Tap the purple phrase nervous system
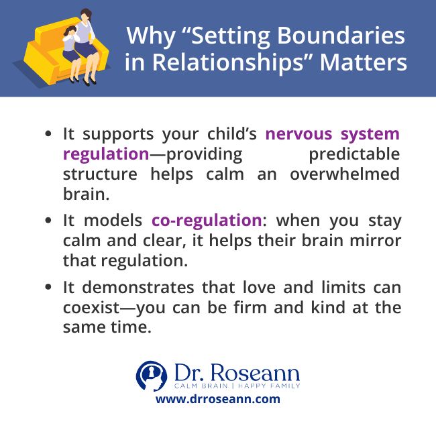(x=333, y=133)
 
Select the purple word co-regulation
(x=206, y=220)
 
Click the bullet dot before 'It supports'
(x=48, y=134)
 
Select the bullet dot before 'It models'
(x=48, y=221)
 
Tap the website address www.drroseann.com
(x=218, y=399)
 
